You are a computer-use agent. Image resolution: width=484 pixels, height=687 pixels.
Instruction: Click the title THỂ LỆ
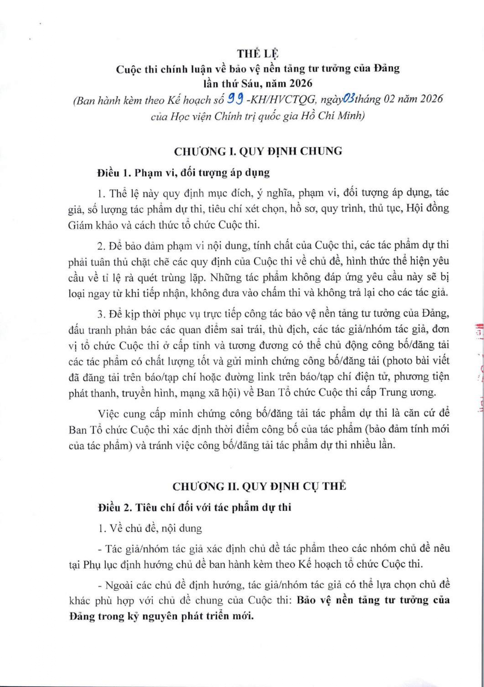pos(258,53)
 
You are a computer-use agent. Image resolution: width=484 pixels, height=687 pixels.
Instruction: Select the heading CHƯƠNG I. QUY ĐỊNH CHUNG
pos(258,151)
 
